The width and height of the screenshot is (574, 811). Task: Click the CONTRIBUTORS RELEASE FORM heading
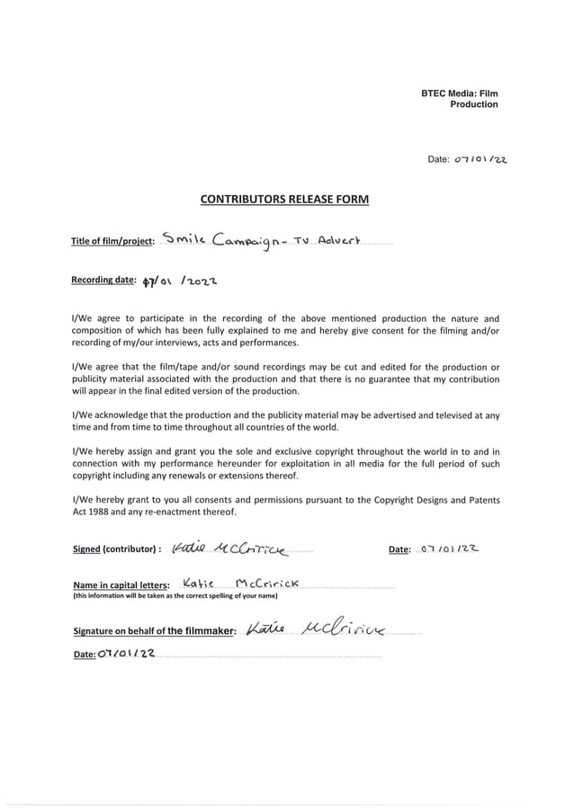pyautogui.click(x=284, y=199)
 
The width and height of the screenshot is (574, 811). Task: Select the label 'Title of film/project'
pyautogui.click(x=112, y=241)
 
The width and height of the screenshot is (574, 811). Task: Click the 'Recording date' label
pyautogui.click(x=103, y=281)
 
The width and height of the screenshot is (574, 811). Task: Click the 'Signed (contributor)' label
pyautogui.click(x=116, y=548)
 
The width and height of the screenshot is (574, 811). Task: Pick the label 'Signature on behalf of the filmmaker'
pyautogui.click(x=154, y=630)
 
